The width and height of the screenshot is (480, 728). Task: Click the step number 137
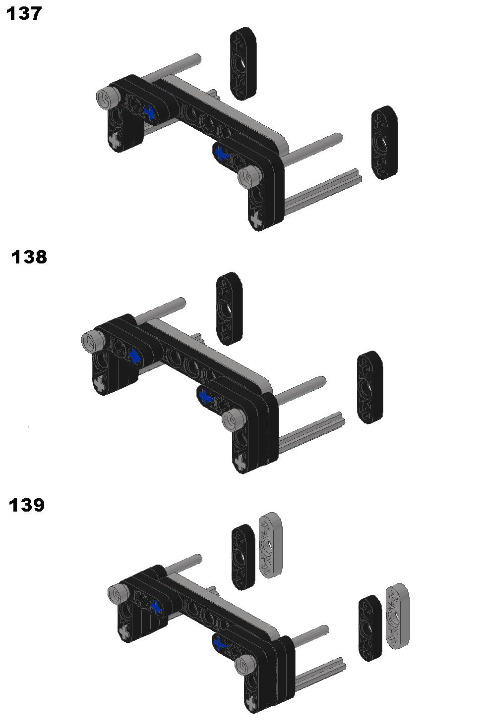[24, 14]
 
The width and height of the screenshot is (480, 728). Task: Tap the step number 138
[29, 257]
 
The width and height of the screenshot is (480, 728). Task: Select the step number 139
[27, 505]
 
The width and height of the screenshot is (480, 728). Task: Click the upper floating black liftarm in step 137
[243, 63]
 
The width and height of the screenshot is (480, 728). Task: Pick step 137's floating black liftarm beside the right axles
[385, 142]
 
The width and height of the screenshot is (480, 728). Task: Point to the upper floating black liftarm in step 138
[229, 309]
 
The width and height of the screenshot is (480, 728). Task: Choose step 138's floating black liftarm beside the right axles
[370, 387]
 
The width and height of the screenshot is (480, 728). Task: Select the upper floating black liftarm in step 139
[243, 557]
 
